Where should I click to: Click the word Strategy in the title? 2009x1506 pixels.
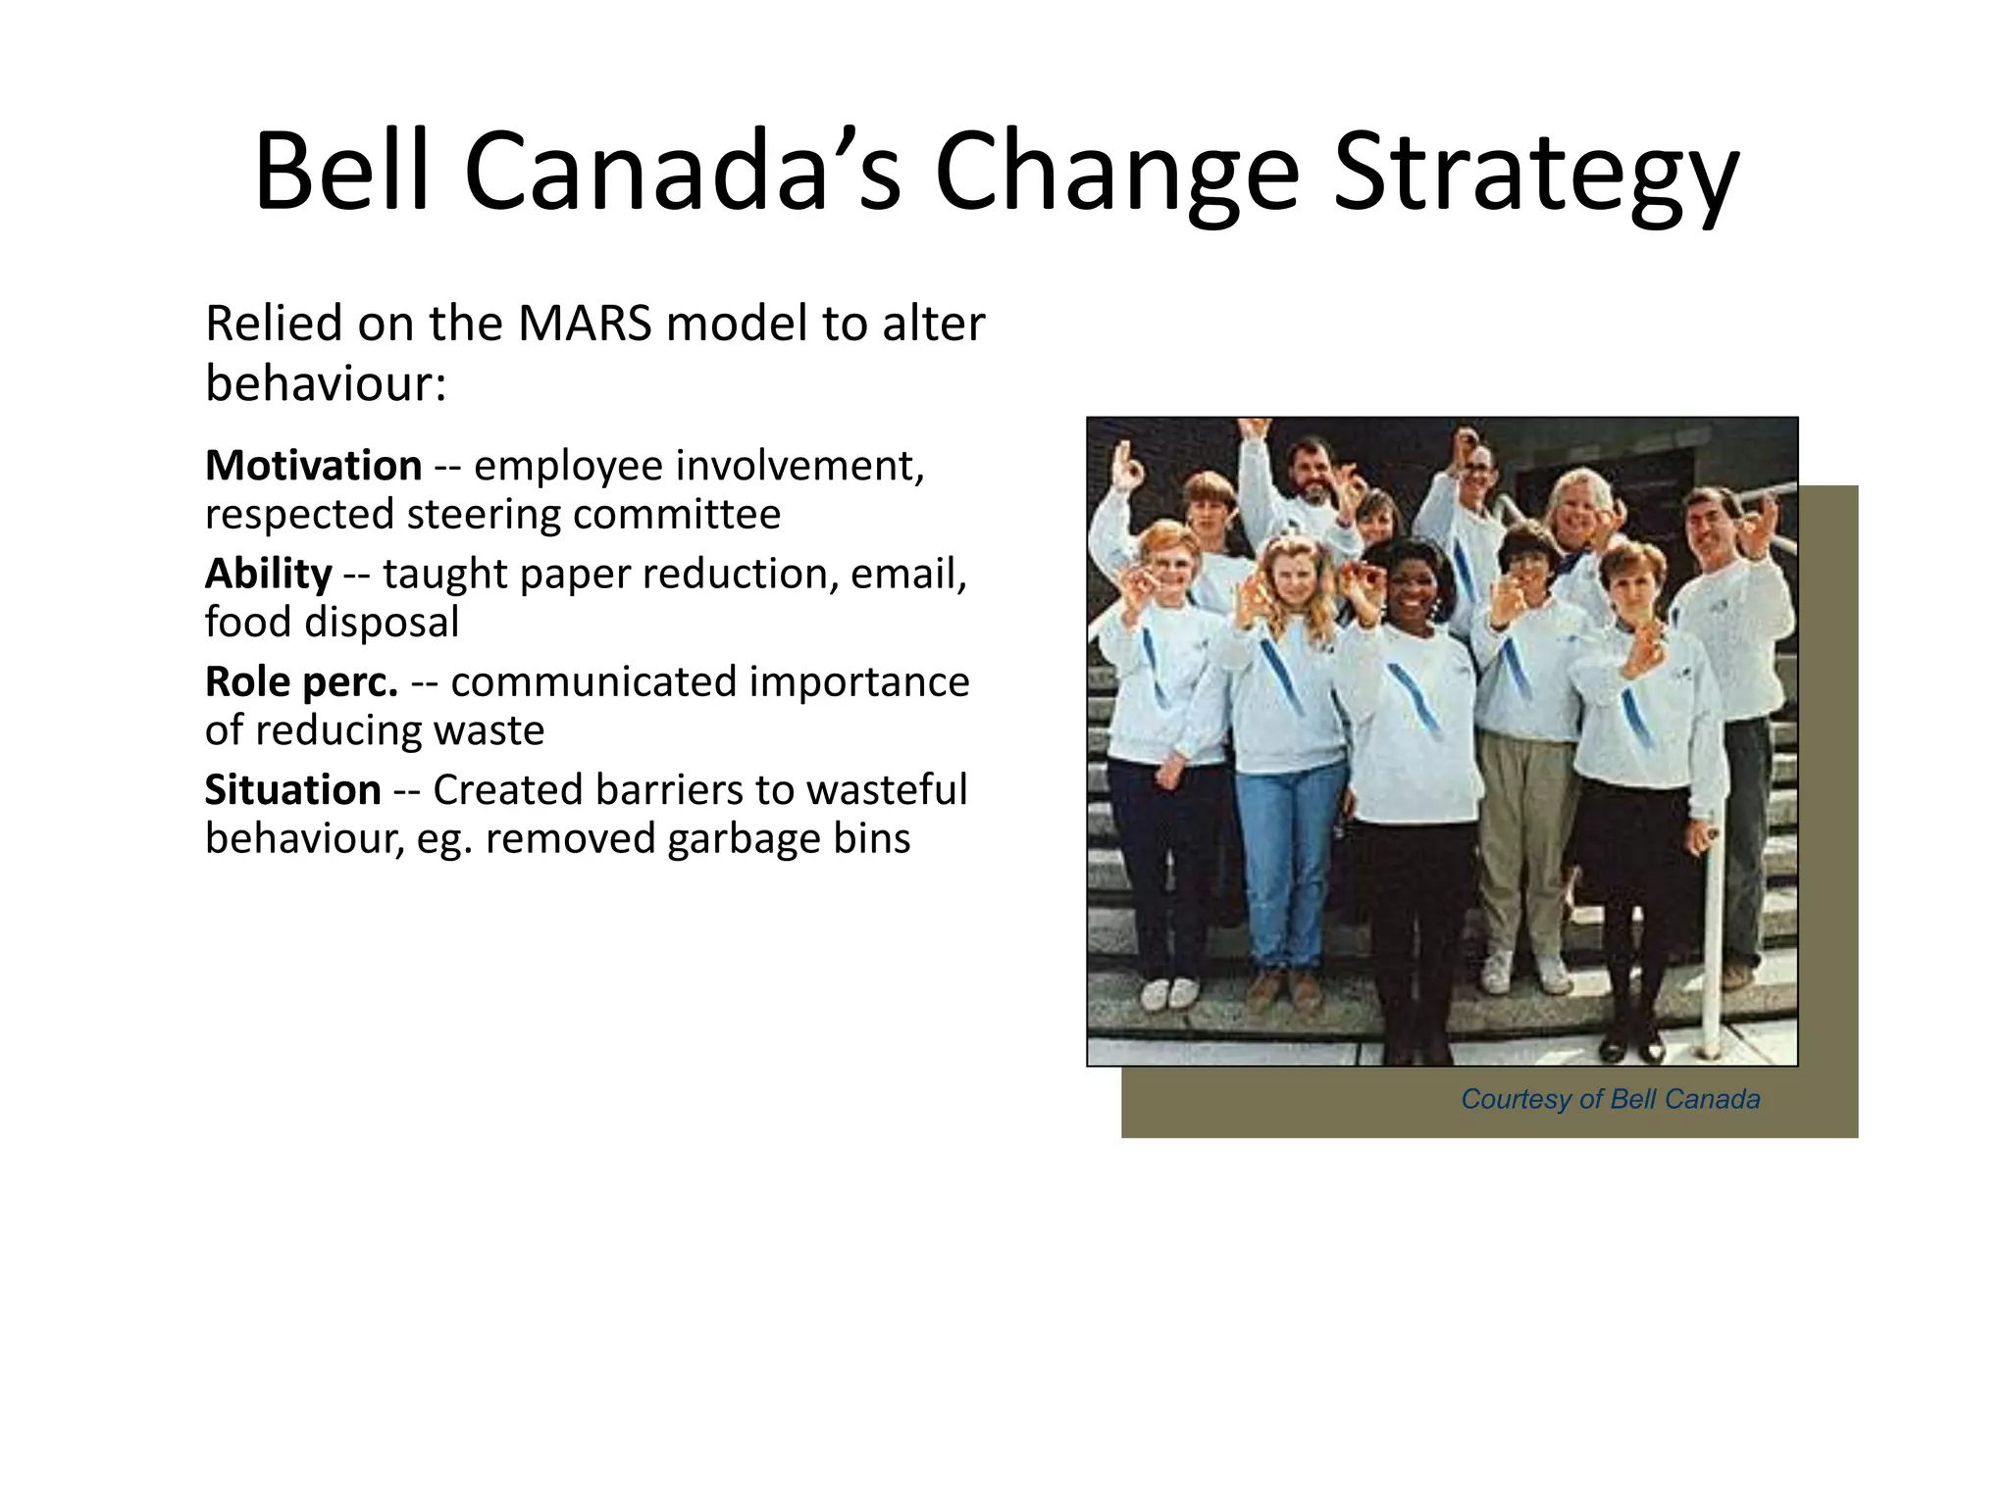click(1535, 175)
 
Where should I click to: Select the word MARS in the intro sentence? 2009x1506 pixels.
click(585, 324)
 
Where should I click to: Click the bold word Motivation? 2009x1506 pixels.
click(313, 466)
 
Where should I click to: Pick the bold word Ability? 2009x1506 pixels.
click(268, 574)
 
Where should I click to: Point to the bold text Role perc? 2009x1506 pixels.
click(301, 681)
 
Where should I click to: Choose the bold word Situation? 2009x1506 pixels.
click(292, 789)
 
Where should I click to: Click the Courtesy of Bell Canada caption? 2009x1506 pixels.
click(1610, 1099)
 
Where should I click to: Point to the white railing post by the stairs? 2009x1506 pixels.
click(1712, 941)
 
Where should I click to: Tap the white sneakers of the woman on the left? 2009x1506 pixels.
click(1169, 992)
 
